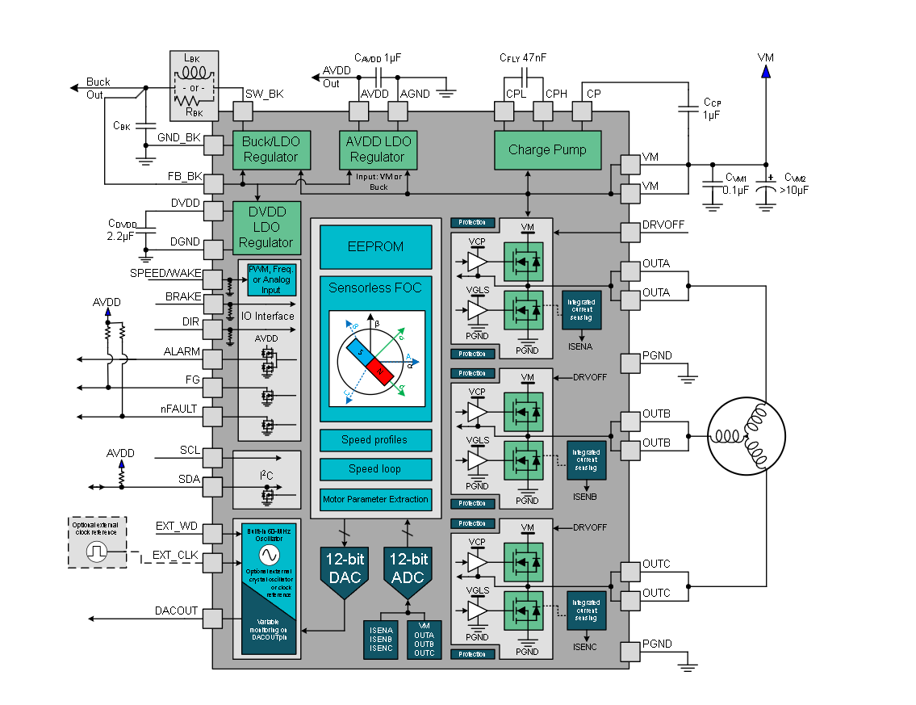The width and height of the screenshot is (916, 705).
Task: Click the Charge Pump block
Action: (547, 149)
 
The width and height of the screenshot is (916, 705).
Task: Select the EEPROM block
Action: (375, 246)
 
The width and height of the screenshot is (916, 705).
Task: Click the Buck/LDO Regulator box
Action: (270, 149)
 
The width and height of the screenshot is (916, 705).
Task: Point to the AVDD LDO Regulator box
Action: (377, 149)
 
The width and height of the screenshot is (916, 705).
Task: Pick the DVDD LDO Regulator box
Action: (266, 227)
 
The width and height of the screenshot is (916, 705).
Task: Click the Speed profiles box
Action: (374, 440)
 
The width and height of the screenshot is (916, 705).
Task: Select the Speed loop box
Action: (374, 469)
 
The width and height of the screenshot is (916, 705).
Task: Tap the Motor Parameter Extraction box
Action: (374, 499)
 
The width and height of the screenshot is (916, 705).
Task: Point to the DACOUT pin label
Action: (176, 611)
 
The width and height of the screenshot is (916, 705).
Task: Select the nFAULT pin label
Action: (179, 409)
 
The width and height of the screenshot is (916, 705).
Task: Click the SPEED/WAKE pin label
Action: (165, 273)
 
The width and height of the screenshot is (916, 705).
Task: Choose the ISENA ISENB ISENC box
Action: (381, 640)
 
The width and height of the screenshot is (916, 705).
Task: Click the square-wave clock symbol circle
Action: (98, 552)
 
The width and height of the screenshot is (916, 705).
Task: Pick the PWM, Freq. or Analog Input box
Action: (271, 279)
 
